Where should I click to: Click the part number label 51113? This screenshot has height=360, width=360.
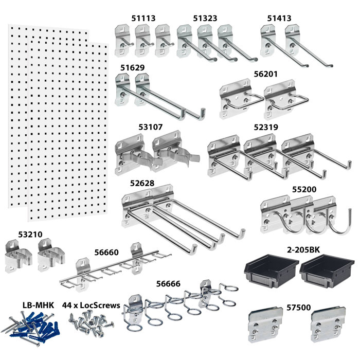pyautogui.click(x=143, y=18)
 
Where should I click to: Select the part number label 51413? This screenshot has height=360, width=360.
pyautogui.click(x=279, y=18)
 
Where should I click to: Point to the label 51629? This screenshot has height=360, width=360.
pyautogui.click(x=133, y=67)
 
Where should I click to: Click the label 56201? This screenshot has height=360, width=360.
pyautogui.click(x=266, y=74)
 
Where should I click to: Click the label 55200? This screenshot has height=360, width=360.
pyautogui.click(x=304, y=189)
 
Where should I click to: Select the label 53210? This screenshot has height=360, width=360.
pyautogui.click(x=30, y=234)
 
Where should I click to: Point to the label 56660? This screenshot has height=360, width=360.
pyautogui.click(x=106, y=252)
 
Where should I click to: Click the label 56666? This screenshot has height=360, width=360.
pyautogui.click(x=171, y=283)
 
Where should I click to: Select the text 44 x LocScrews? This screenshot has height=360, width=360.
pyautogui.click(x=91, y=305)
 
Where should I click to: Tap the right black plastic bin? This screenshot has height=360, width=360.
pyautogui.click(x=328, y=271)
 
